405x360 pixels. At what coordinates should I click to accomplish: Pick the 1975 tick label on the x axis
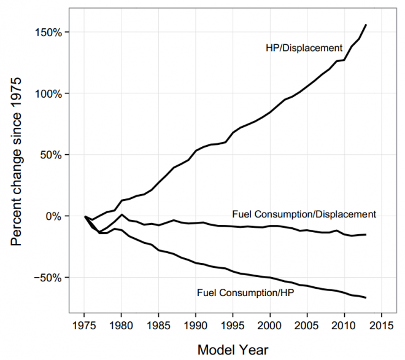(84, 324)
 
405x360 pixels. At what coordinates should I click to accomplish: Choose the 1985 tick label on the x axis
(158, 324)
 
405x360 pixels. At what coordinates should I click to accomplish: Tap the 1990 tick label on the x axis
(196, 324)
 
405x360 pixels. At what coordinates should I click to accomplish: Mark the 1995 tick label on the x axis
(233, 324)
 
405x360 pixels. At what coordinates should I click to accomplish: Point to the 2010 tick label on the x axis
(344, 324)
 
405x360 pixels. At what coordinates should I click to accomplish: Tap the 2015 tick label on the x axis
(381, 324)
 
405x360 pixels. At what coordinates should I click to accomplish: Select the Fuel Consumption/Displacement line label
(304, 214)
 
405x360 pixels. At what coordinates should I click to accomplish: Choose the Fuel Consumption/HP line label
(245, 292)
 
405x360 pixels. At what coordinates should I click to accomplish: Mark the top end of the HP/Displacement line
(366, 25)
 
